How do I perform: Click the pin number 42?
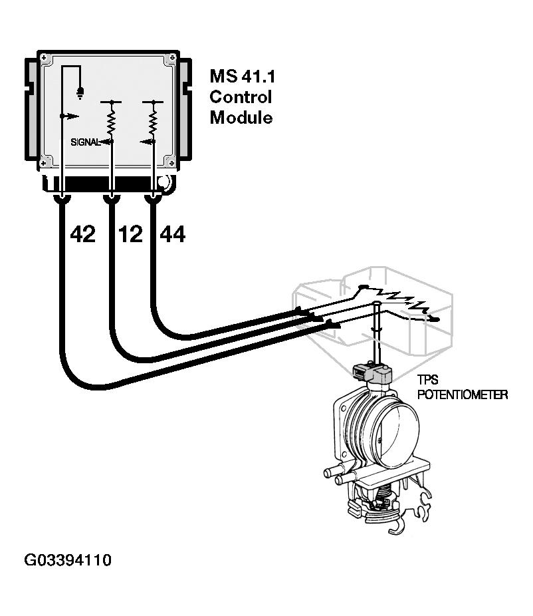(x=82, y=234)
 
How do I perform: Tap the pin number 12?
(x=130, y=234)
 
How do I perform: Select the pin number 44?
(x=172, y=234)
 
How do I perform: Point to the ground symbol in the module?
(x=81, y=93)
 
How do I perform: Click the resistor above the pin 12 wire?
(x=111, y=122)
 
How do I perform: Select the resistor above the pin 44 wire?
(x=154, y=122)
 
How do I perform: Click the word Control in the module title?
(x=241, y=97)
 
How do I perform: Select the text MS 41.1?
(x=242, y=76)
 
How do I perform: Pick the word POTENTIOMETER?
(x=462, y=395)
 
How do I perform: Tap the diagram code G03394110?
(x=68, y=560)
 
